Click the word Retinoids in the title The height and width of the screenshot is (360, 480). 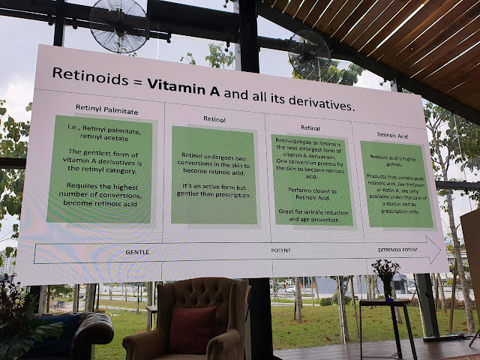(87, 74)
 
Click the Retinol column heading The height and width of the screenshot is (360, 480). (215, 118)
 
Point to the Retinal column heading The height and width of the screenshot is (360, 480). (310, 127)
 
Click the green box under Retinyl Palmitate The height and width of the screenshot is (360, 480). (100, 169)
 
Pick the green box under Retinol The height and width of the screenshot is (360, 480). (214, 175)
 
